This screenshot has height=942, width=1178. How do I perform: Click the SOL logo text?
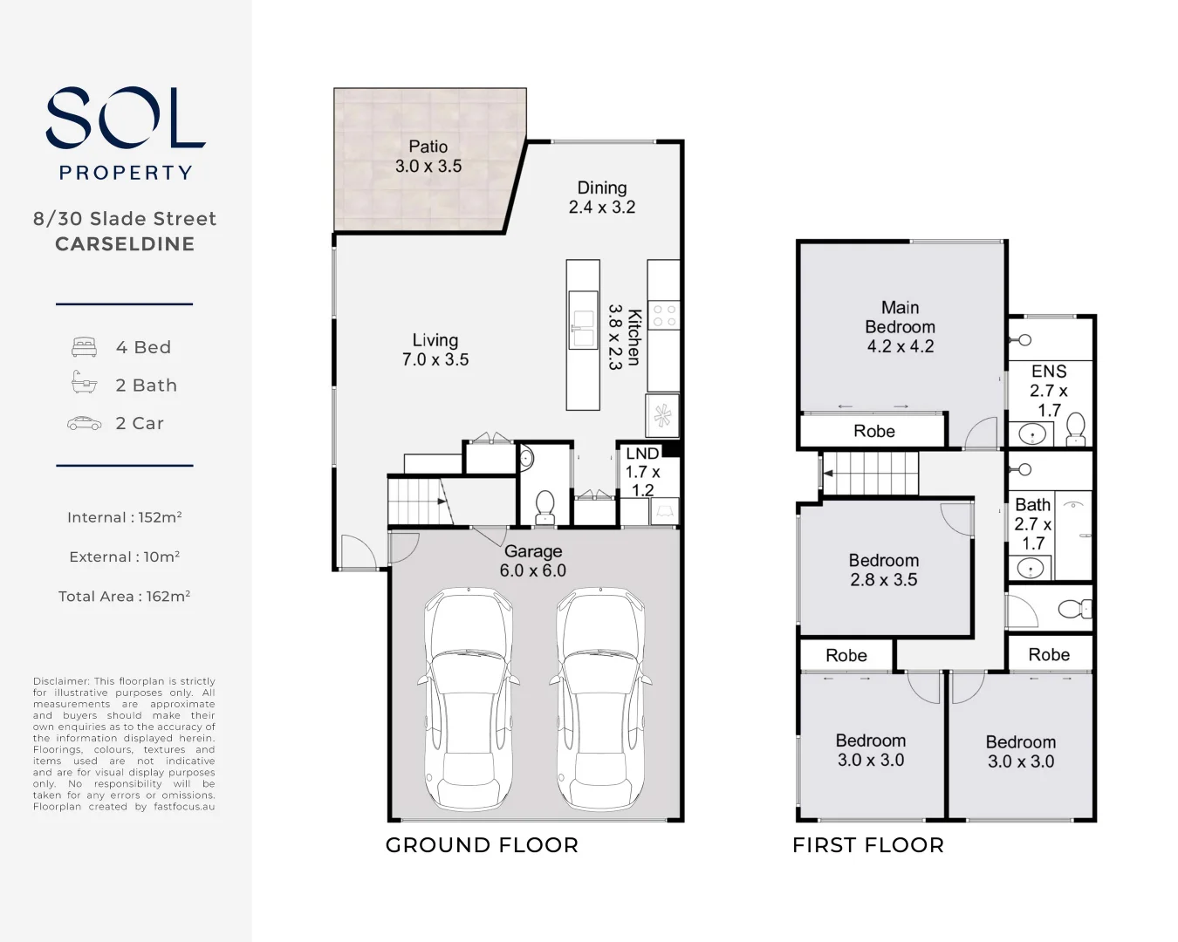pos(126,118)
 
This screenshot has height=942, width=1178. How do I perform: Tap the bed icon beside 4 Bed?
pos(84,347)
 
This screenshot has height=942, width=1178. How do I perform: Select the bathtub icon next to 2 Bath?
pos(84,384)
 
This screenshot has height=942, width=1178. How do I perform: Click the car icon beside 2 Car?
pos(84,423)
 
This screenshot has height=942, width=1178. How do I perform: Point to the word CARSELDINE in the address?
pos(125,244)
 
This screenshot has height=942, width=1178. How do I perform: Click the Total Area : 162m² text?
pos(124,597)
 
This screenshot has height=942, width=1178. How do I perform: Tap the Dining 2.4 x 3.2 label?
pos(601,197)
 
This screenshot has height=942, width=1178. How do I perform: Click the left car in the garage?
pos(468,698)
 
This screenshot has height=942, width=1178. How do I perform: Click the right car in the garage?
pos(600,698)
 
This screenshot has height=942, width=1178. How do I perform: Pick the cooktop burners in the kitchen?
pos(664,316)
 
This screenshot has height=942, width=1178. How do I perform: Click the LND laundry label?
pos(642,454)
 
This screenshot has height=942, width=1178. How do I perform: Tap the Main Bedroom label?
pos(900,326)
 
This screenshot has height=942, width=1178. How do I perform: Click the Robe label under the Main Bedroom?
pos(873,431)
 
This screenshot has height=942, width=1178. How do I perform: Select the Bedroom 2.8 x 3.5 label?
pos(883,570)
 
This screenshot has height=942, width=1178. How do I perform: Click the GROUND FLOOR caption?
pos(482,845)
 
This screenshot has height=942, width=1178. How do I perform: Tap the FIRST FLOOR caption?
pos(867,845)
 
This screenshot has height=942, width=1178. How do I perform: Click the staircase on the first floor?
pos(871,474)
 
